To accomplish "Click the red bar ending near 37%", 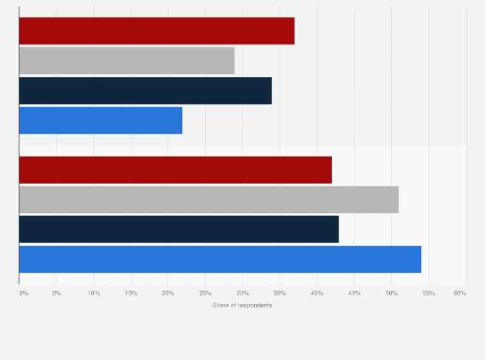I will coord(156,31).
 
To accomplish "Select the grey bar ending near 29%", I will coord(127,60).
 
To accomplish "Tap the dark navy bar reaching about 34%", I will coord(145,91).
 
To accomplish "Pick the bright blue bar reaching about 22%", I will coord(100,120).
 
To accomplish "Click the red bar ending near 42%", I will coord(175,170).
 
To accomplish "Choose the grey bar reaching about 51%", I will coord(208,199).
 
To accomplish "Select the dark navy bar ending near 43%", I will coord(179,230).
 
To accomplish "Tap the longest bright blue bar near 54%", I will coord(220,259).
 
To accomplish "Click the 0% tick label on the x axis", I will coord(24,293).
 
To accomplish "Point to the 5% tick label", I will coord(57,293).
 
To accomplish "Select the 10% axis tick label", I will coord(93,293).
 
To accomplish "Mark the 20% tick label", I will coord(168,293).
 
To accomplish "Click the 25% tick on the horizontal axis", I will coord(205,293).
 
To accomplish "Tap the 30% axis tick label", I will coord(243,293).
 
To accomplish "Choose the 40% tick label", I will coord(317,293).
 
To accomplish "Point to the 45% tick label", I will coord(354,293).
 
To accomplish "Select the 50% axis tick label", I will coord(391,293).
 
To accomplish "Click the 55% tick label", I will coord(428,293).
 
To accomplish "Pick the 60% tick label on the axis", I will coord(459,293).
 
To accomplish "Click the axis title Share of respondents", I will coord(242,305).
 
